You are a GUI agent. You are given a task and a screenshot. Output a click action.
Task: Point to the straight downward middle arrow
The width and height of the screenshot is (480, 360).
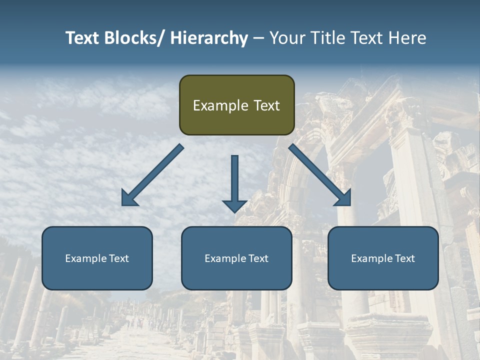(234, 182)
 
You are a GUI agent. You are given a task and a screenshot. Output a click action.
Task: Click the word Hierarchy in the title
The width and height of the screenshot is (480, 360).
(209, 38)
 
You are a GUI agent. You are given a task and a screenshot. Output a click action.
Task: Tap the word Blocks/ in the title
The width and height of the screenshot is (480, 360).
(135, 38)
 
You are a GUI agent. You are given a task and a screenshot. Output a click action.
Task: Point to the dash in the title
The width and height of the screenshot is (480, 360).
(258, 38)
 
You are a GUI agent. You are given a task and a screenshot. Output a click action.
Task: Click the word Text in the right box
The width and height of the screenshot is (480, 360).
(404, 258)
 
